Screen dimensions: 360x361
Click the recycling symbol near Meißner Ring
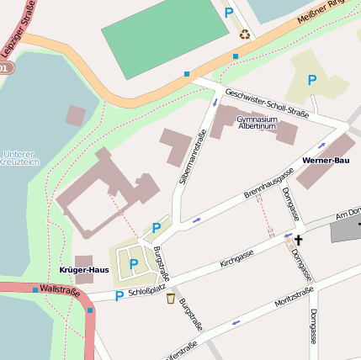245,34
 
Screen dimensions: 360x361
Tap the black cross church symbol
298,241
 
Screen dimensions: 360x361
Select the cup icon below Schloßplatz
171,299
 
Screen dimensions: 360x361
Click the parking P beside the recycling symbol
228,13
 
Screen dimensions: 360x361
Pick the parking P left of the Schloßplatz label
119,296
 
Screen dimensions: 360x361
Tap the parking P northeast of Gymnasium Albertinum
312,80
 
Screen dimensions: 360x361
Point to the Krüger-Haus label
84,270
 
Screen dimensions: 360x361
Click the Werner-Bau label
325,160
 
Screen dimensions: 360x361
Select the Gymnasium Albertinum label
257,123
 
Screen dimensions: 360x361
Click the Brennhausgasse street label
268,183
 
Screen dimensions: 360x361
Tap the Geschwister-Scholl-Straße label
266,104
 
